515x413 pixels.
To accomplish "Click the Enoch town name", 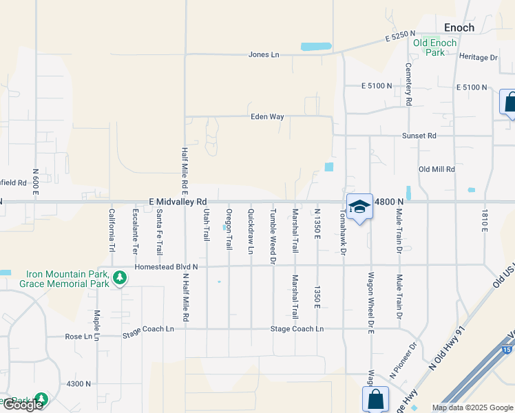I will pyautogui.click(x=459, y=28).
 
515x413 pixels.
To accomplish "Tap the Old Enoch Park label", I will pyautogui.click(x=434, y=47).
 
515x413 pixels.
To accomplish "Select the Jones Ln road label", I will pyautogui.click(x=264, y=55).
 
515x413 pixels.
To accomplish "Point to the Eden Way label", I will pyautogui.click(x=267, y=117).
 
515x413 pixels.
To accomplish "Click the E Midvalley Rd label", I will pyautogui.click(x=178, y=202).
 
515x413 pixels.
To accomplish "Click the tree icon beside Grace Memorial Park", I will pyautogui.click(x=120, y=278).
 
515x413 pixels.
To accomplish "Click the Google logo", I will pyautogui.click(x=22, y=405).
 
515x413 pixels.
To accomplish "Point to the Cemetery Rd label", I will pyautogui.click(x=408, y=85).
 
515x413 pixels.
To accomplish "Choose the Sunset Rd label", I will pyautogui.click(x=419, y=136).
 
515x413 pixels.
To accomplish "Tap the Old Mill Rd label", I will pyautogui.click(x=437, y=169).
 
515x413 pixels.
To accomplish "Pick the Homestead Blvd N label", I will pyautogui.click(x=166, y=266).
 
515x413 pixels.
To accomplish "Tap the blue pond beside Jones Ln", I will pyautogui.click(x=316, y=47).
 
